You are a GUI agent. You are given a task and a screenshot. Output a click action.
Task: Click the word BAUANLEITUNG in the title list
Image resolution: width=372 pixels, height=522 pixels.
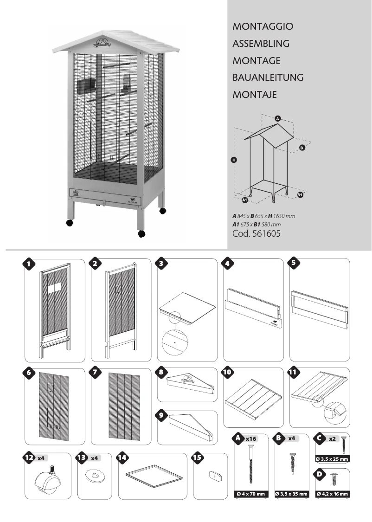click(x=268, y=77)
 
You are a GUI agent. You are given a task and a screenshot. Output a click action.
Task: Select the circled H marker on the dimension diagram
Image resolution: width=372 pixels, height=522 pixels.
click(x=234, y=160)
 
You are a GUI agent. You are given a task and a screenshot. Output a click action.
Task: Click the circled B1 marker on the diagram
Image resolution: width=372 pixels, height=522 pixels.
click(x=300, y=195)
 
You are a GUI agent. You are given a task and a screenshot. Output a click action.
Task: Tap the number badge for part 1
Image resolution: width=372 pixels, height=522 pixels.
click(x=29, y=264)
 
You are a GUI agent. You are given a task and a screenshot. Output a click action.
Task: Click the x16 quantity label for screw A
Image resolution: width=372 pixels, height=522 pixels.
click(x=251, y=438)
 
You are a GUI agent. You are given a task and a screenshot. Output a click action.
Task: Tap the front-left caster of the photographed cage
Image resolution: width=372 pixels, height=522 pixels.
click(x=70, y=223)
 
